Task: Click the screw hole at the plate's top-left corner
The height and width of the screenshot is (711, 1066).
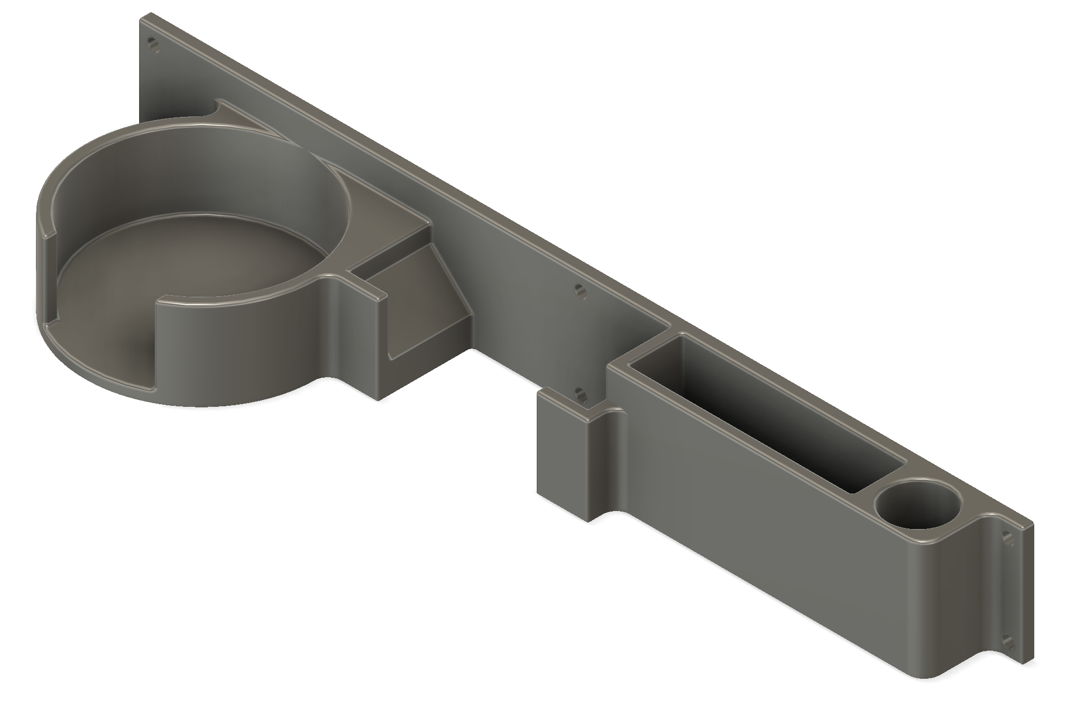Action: click(x=154, y=44)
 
